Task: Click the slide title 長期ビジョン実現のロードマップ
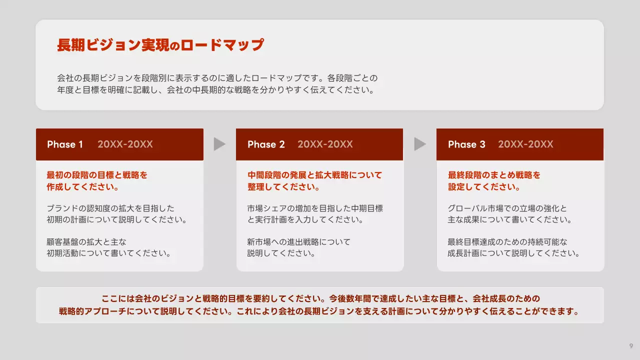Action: coord(160,45)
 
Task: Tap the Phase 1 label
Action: coord(65,144)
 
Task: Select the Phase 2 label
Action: coord(266,144)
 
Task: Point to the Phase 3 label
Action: coord(466,144)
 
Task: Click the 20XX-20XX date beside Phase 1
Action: coord(125,144)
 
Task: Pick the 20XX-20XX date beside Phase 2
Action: coord(325,144)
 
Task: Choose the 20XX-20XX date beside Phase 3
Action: coord(525,144)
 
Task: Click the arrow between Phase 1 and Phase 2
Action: coord(219,144)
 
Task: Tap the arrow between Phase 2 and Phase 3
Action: coord(420,144)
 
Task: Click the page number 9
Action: coord(631,346)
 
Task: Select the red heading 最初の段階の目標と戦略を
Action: coord(97,175)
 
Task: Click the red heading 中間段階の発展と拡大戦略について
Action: coord(314,175)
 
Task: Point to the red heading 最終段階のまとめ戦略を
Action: coord(494,175)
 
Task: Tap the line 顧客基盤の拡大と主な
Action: coord(86,242)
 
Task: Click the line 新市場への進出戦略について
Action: coord(298,242)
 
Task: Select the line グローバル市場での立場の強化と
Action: coord(507,208)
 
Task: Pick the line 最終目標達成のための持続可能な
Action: coord(507,242)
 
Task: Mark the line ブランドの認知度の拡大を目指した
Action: coord(110,208)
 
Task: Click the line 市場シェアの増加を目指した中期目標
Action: coord(314,208)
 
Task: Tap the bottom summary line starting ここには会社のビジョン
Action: coord(320,299)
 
